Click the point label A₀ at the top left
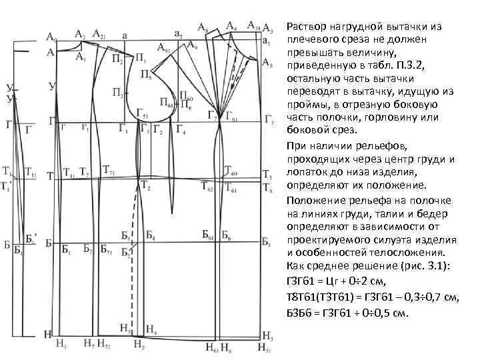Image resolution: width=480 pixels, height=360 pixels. [51, 37]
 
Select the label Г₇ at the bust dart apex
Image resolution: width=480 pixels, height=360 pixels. [211, 115]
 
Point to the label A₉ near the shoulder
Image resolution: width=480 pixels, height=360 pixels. [192, 46]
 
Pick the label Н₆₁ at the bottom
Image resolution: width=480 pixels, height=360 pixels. [211, 346]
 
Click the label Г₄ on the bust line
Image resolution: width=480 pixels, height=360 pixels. [179, 129]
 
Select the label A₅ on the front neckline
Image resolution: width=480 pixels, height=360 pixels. [267, 65]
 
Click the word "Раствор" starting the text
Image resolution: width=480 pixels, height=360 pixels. [307, 27]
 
